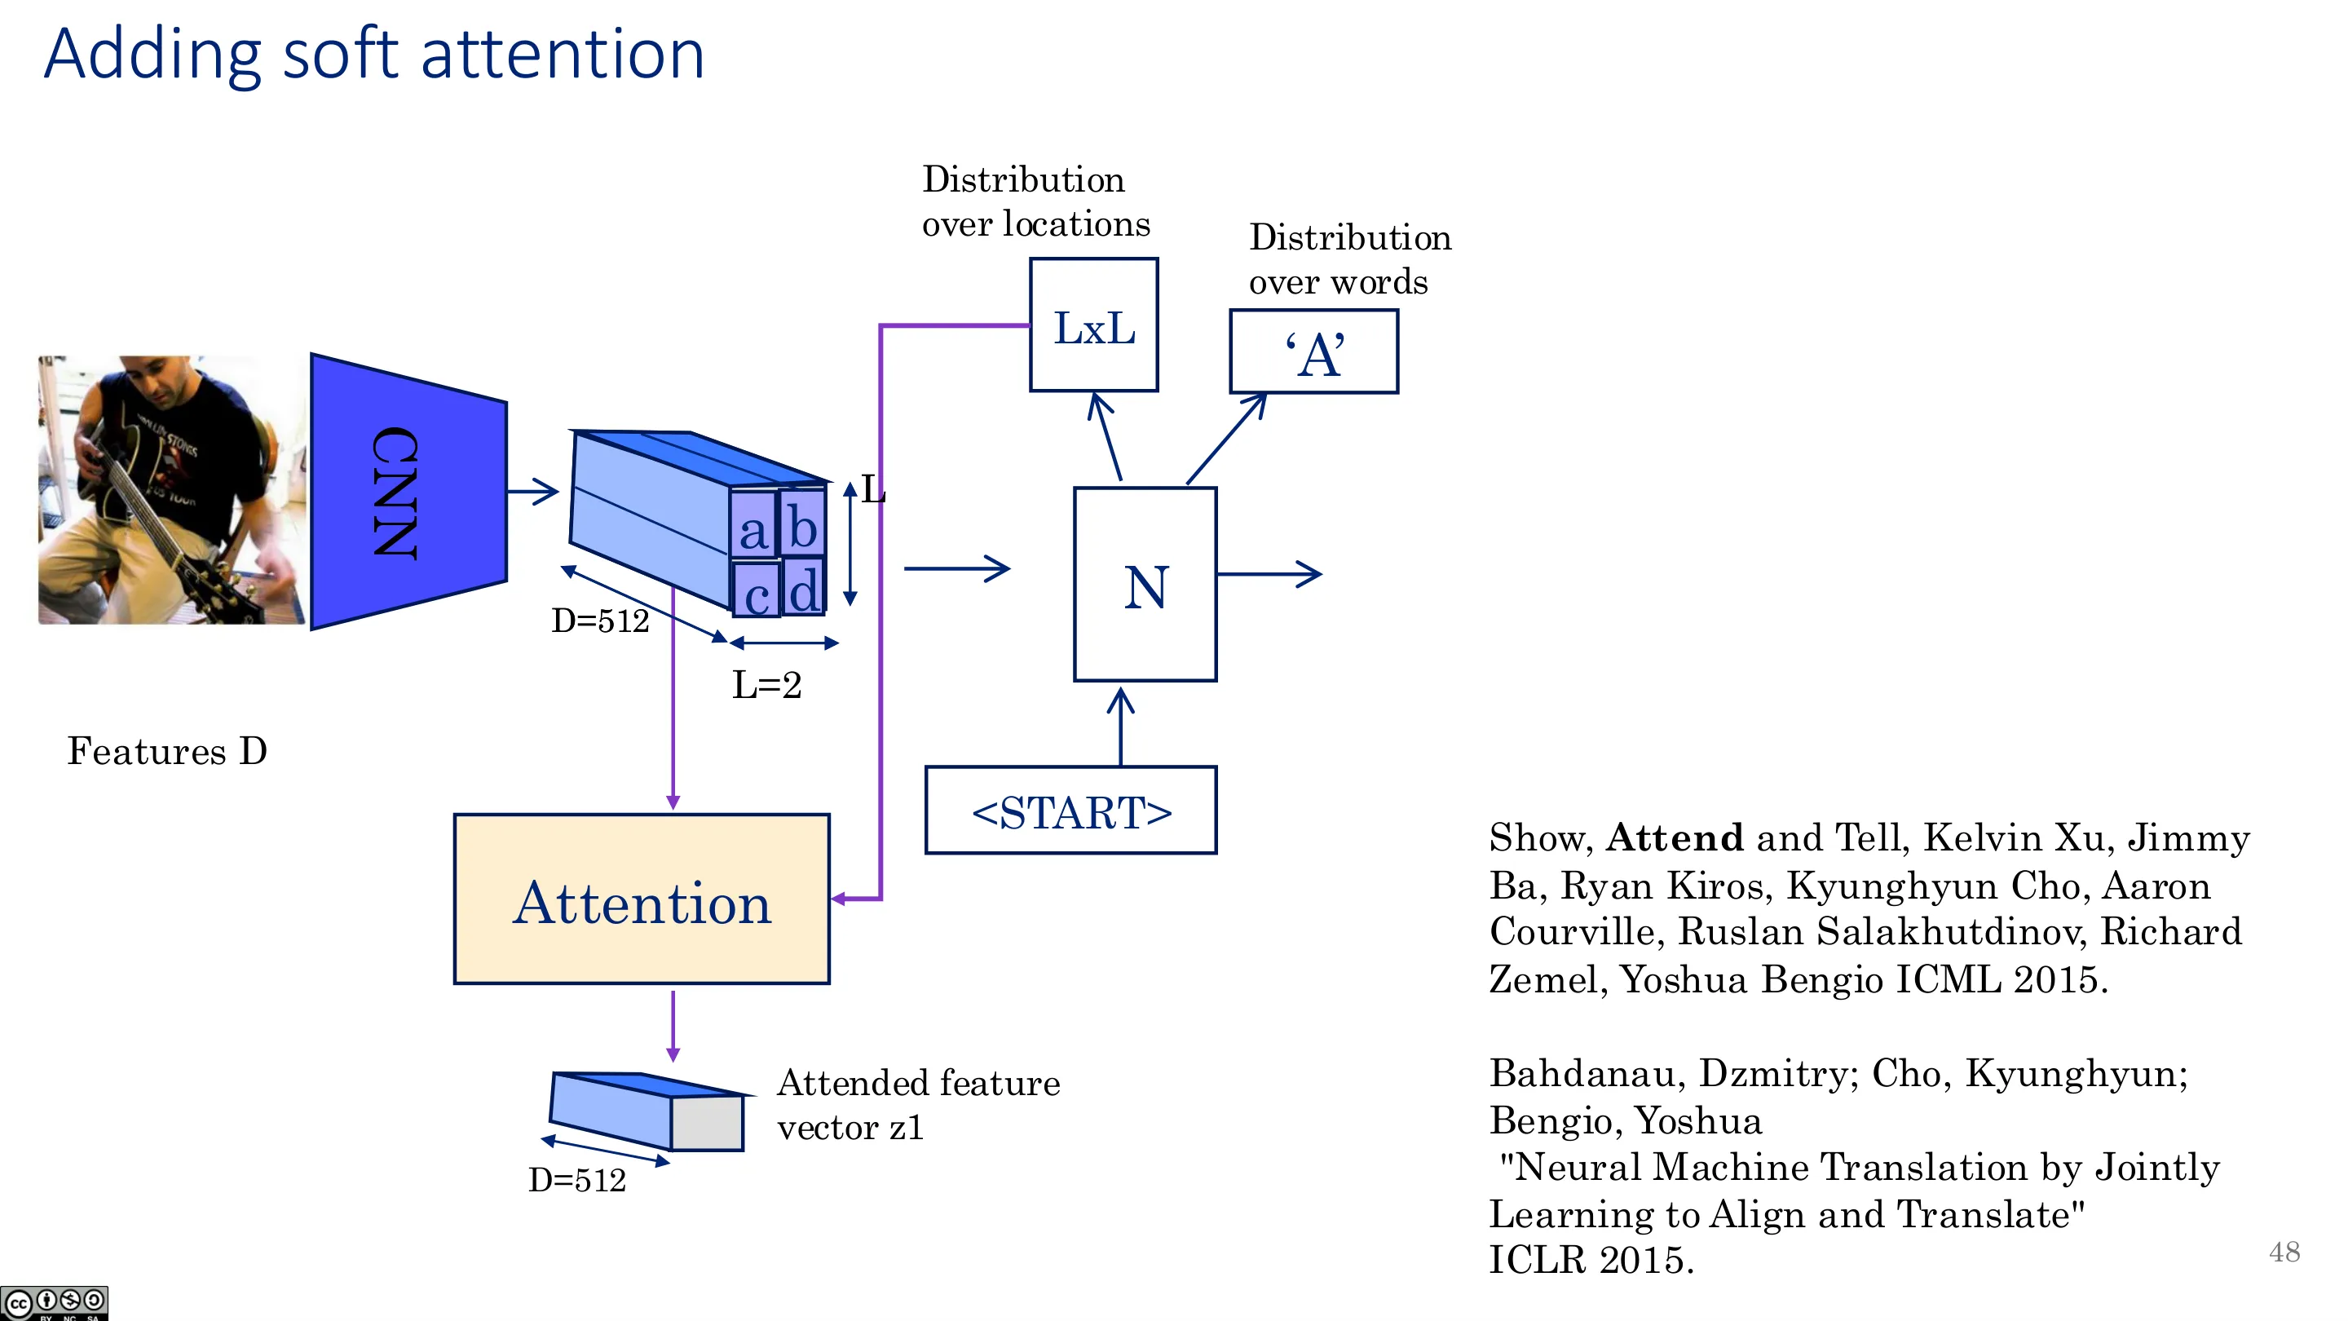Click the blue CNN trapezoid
pyautogui.click(x=408, y=492)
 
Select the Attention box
pyautogui.click(x=642, y=899)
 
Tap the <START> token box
pyautogui.click(x=1071, y=811)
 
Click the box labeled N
pyautogui.click(x=1145, y=585)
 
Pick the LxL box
pyautogui.click(x=1094, y=325)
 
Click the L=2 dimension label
pyautogui.click(x=766, y=685)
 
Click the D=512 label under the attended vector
pyautogui.click(x=577, y=1180)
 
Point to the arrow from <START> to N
pyautogui.click(x=1120, y=727)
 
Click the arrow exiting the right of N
pyautogui.click(x=1269, y=573)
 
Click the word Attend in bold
pyautogui.click(x=1675, y=837)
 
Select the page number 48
pyautogui.click(x=2284, y=1252)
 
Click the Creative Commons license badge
pyautogui.click(x=54, y=1303)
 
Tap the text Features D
pyautogui.click(x=168, y=751)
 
